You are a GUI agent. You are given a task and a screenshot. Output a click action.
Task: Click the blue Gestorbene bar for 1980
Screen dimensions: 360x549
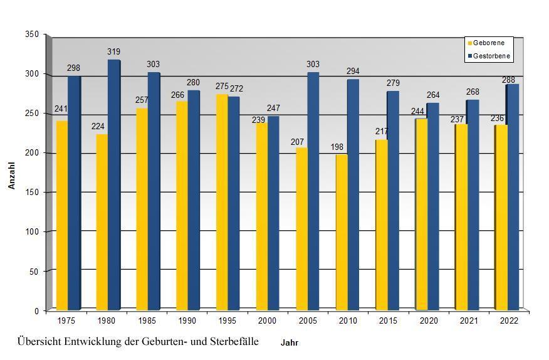click(x=114, y=185)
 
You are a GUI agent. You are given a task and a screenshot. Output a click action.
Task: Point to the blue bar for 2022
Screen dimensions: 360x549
click(x=513, y=197)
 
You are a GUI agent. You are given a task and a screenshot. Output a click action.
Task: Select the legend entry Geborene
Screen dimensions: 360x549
click(x=489, y=43)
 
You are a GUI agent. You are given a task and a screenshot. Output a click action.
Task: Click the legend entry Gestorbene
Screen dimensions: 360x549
click(x=491, y=56)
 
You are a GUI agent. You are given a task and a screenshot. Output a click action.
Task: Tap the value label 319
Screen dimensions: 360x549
click(x=113, y=52)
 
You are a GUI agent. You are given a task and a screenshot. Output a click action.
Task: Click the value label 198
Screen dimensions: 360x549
click(x=337, y=147)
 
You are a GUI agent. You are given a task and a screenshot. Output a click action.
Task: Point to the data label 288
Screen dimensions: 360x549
click(x=508, y=80)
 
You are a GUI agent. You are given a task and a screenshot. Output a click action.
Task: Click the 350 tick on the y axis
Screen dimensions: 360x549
click(x=32, y=34)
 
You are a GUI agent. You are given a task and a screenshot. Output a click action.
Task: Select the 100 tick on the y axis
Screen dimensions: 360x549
click(x=32, y=232)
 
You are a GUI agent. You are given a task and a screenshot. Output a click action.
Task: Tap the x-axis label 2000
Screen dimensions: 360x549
click(x=267, y=321)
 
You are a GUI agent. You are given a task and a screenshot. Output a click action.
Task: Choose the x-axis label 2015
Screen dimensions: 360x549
click(x=387, y=321)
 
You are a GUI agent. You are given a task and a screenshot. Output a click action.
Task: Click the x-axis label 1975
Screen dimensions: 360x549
click(x=67, y=321)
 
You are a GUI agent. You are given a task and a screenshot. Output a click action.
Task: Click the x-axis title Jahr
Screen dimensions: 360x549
click(x=290, y=343)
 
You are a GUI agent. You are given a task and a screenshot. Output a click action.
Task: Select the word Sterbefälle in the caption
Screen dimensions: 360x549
click(x=232, y=341)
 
